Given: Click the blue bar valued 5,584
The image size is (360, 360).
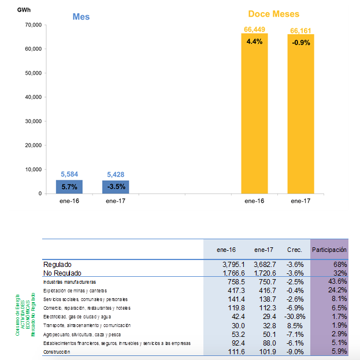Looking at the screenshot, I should pos(69,187).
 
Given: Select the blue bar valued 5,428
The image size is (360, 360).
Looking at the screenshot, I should pos(116,187).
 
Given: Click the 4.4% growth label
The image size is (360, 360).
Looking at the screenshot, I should pos(254,42).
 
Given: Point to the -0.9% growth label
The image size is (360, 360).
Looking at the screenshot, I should pos(300,42).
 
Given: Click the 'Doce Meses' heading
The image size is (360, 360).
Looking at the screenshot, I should pos(274,14).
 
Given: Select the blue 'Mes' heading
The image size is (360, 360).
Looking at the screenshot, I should pos(81,17).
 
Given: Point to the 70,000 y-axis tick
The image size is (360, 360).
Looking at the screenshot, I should pos(32,25).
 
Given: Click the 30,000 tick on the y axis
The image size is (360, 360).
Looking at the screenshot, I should pos(32,121).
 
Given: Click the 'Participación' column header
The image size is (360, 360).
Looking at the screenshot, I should pos(329,250).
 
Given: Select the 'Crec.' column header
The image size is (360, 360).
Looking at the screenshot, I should pos(295,250).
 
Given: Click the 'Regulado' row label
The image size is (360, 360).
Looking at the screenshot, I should pos(58,264).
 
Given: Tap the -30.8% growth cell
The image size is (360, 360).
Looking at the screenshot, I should pos(293,317).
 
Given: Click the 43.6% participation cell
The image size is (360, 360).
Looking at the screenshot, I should pos(336,281).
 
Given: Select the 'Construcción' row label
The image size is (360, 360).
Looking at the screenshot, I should pos(60,352).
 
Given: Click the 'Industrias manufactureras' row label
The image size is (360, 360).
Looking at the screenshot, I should pos(70,281).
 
